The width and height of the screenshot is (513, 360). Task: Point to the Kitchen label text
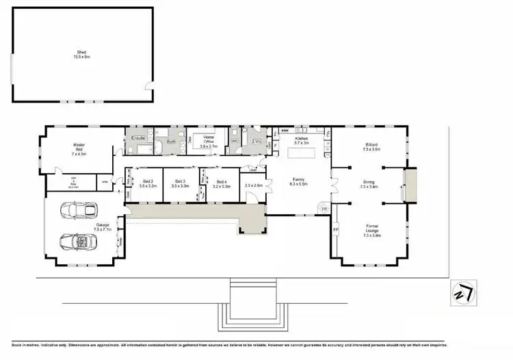302,138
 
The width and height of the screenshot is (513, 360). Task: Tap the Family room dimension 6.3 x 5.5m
299,184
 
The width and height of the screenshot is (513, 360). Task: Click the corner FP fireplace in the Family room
324,207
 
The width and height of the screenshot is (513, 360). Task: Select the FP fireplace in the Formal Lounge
336,230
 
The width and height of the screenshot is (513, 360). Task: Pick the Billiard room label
371,144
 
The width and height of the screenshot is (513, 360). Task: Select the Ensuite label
138,138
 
